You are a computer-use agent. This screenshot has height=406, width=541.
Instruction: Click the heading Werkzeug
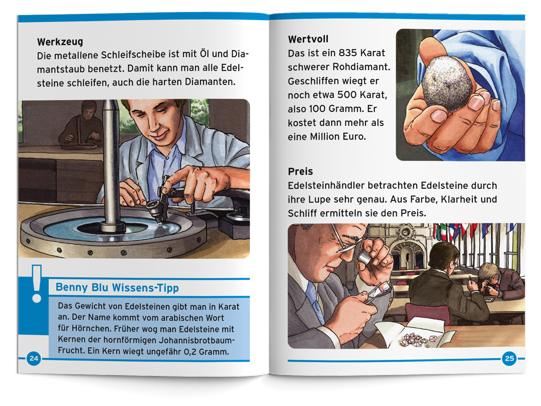pos(60,42)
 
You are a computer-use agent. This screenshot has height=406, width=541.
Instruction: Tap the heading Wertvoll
pos(308,39)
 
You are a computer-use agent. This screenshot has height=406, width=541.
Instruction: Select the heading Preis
pos(300,171)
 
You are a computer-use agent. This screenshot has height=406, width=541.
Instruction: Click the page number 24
pos(34,358)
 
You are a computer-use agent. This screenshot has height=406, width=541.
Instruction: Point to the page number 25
pos(509,359)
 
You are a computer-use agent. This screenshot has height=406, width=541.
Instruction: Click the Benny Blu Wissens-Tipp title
pos(117,287)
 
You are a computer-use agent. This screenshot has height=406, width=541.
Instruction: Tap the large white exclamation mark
pos(37,284)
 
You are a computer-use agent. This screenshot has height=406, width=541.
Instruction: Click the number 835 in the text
pos(347,53)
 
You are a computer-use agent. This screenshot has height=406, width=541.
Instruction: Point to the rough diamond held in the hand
pos(447,83)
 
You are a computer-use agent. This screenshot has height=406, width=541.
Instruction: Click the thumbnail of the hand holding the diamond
pos(460,95)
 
